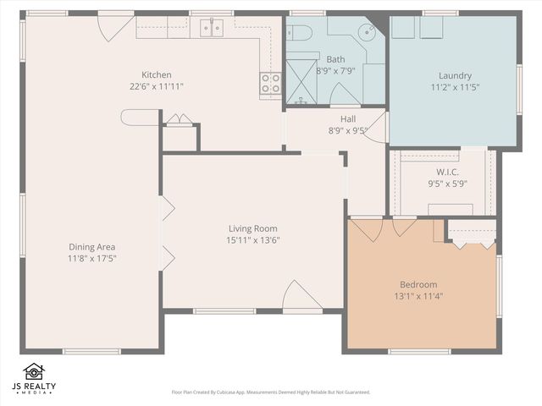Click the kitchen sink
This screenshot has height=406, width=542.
pyautogui.click(x=212, y=29)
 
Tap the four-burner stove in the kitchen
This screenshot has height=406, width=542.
pyautogui.click(x=270, y=82)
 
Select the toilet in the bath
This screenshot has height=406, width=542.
pyautogui.click(x=299, y=32)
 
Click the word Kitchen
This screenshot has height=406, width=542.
pyautogui.click(x=157, y=74)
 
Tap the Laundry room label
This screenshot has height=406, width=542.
pyautogui.click(x=455, y=74)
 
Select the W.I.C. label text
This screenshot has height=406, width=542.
pyautogui.click(x=447, y=172)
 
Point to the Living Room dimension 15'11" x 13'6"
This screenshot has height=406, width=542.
pyautogui.click(x=252, y=239)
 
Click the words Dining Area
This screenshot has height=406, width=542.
pyautogui.click(x=92, y=246)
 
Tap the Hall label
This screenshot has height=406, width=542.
pyautogui.click(x=347, y=119)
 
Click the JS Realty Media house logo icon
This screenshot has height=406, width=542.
pyautogui.click(x=33, y=372)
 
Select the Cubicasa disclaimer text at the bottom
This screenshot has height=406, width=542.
pyautogui.click(x=270, y=392)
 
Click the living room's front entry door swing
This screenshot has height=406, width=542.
pyautogui.click(x=301, y=295)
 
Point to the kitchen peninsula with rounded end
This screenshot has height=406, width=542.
pyautogui.click(x=140, y=118)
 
